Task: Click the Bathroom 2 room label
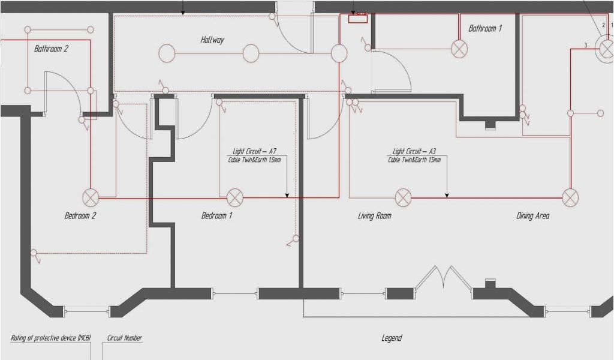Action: click(52, 49)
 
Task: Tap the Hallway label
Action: click(212, 40)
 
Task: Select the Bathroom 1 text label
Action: click(485, 28)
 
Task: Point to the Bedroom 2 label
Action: click(80, 215)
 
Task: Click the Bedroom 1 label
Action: click(216, 215)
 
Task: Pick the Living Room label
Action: click(375, 215)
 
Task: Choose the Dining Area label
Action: click(533, 215)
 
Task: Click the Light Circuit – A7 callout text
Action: click(254, 151)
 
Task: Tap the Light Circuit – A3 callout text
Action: click(414, 151)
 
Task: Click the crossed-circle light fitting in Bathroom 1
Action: click(459, 49)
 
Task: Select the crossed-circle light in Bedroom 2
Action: click(91, 197)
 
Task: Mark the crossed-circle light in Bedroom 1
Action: click(235, 197)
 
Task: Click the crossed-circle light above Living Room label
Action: click(404, 197)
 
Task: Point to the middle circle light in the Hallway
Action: click(251, 53)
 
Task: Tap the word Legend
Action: click(392, 338)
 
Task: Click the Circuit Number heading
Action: click(125, 338)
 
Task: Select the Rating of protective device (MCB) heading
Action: click(51, 338)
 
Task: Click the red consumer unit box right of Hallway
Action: click(358, 18)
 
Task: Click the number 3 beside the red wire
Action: click(586, 45)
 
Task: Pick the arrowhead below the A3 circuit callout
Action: click(447, 195)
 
